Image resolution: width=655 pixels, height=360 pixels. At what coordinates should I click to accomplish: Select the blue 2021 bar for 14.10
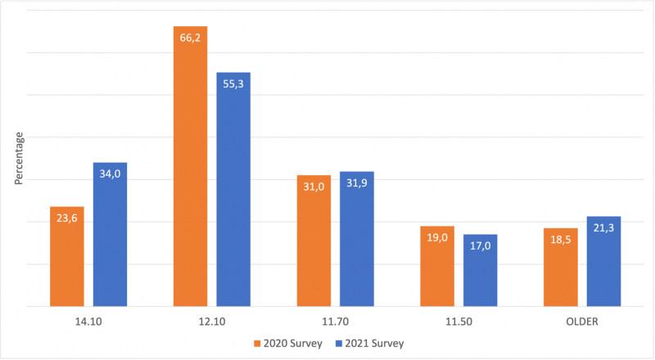pyautogui.click(x=110, y=235)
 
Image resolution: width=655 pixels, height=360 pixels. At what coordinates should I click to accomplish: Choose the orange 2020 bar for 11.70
pyautogui.click(x=314, y=241)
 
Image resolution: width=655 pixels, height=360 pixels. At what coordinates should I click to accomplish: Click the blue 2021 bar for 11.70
pyautogui.click(x=357, y=239)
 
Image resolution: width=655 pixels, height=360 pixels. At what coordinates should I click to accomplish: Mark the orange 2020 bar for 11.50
pyautogui.click(x=436, y=266)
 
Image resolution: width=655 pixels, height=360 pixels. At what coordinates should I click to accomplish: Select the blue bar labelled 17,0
pyautogui.click(x=480, y=270)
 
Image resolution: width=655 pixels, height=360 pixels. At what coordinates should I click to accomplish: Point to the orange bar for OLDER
pyautogui.click(x=560, y=267)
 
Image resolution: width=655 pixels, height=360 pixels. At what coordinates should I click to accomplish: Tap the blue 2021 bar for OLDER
pyautogui.click(x=603, y=261)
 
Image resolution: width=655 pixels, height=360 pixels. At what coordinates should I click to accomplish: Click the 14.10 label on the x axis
pyautogui.click(x=88, y=322)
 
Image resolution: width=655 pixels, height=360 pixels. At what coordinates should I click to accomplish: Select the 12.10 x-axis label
pyautogui.click(x=212, y=322)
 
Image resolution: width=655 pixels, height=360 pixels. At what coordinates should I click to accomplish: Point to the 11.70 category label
pyautogui.click(x=336, y=322)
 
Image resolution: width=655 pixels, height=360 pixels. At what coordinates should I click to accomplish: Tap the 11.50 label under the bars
pyautogui.click(x=458, y=322)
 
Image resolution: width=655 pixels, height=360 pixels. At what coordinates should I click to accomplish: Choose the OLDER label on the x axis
pyautogui.click(x=582, y=322)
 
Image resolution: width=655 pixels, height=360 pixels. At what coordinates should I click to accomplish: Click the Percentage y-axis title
pyautogui.click(x=20, y=159)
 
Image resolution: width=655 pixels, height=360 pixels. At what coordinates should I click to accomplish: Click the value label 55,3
pyautogui.click(x=233, y=84)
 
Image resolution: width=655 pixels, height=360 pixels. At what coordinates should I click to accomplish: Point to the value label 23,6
pyautogui.click(x=66, y=218)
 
